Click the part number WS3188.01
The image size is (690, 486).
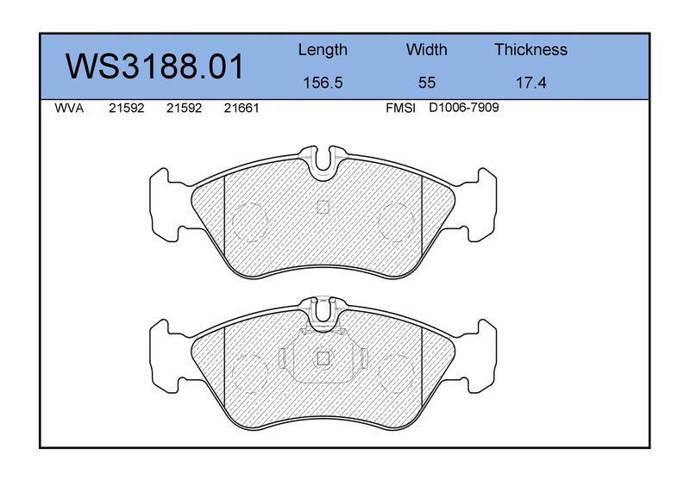[x=154, y=66]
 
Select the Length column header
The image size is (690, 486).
[x=323, y=50]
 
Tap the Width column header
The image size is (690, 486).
[x=426, y=49]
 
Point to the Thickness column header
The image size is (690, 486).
[x=530, y=49]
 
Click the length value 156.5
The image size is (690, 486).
[x=323, y=83]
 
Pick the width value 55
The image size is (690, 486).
[x=427, y=83]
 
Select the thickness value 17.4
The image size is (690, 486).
[x=530, y=83]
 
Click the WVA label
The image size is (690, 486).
[x=69, y=109]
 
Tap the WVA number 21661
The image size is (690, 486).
[x=241, y=109]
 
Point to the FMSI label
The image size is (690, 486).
[x=400, y=109]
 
